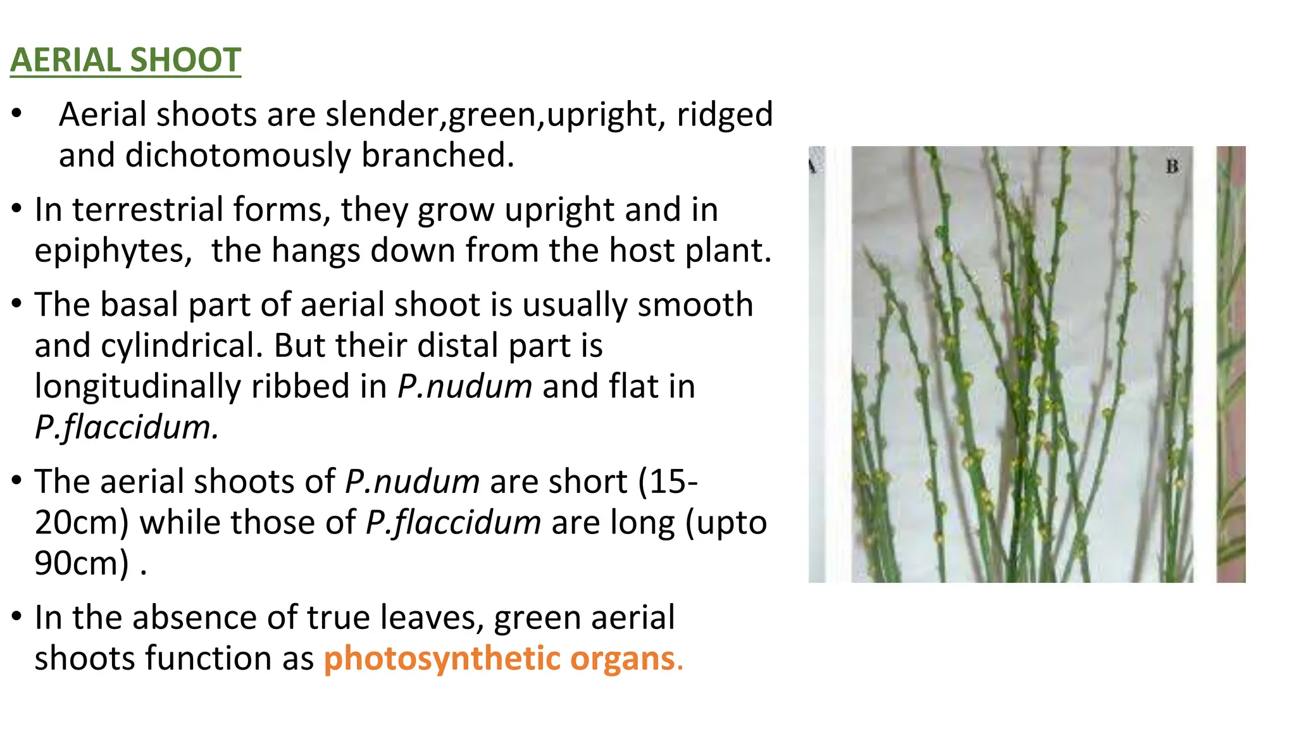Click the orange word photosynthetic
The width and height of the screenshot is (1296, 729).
[442, 659]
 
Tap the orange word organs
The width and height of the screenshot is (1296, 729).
[623, 659]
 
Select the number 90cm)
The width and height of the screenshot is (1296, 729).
[82, 563]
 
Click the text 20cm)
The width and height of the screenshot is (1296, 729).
[82, 523]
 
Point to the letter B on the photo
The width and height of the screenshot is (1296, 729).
[1172, 166]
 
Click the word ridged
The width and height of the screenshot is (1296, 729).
[725, 115]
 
